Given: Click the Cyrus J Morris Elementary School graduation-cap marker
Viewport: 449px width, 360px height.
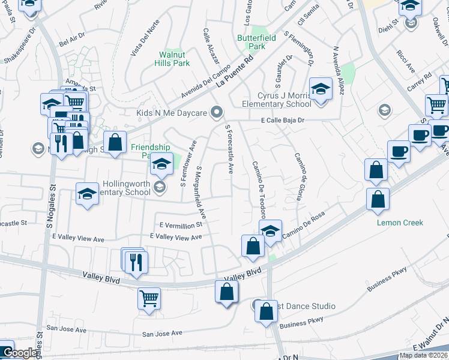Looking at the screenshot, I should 321,90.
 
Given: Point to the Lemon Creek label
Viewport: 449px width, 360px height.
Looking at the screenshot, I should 400,223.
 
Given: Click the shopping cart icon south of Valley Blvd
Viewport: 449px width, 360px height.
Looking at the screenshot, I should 149,298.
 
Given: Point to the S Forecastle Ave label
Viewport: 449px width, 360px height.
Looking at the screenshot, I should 229,149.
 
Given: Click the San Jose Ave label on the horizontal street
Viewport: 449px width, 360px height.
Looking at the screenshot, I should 162,333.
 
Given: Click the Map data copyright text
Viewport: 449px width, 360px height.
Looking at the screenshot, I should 423,355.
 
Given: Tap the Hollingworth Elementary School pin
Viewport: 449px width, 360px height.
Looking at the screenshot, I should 159,187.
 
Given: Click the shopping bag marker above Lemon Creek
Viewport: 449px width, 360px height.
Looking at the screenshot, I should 378,201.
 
